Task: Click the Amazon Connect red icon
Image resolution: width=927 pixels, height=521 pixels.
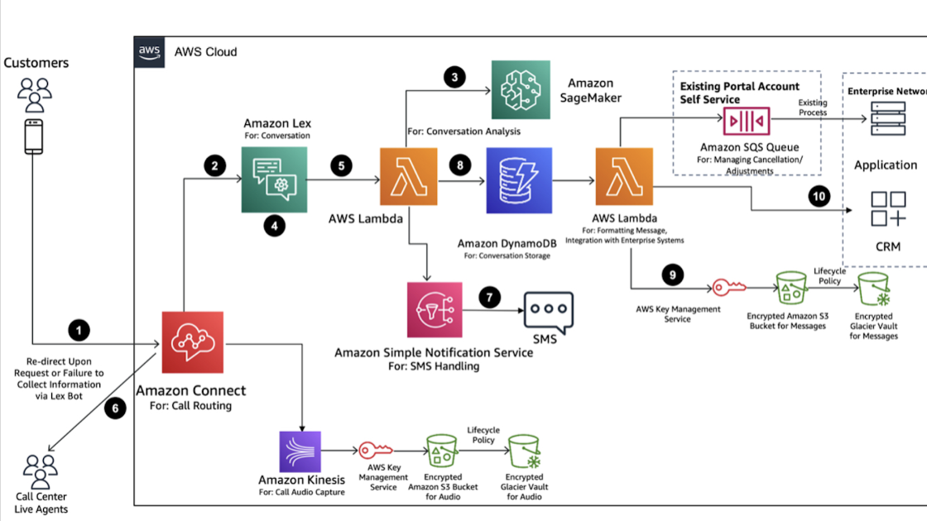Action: pyautogui.click(x=193, y=342)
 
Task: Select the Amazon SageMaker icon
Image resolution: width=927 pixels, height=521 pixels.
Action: pyautogui.click(x=520, y=90)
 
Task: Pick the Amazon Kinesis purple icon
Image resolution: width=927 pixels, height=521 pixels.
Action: pyautogui.click(x=300, y=452)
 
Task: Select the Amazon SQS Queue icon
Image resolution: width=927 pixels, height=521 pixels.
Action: pyautogui.click(x=747, y=121)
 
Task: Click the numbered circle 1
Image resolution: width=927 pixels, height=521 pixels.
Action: pyautogui.click(x=79, y=331)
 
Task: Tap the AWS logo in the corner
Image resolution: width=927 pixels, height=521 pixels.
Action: pyautogui.click(x=149, y=51)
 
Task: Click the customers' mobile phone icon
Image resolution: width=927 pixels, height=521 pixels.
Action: pyautogui.click(x=34, y=136)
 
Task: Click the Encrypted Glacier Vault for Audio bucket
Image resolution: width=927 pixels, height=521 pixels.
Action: pyautogui.click(x=523, y=451)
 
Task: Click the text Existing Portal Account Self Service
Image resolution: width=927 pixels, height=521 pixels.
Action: pyautogui.click(x=739, y=93)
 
